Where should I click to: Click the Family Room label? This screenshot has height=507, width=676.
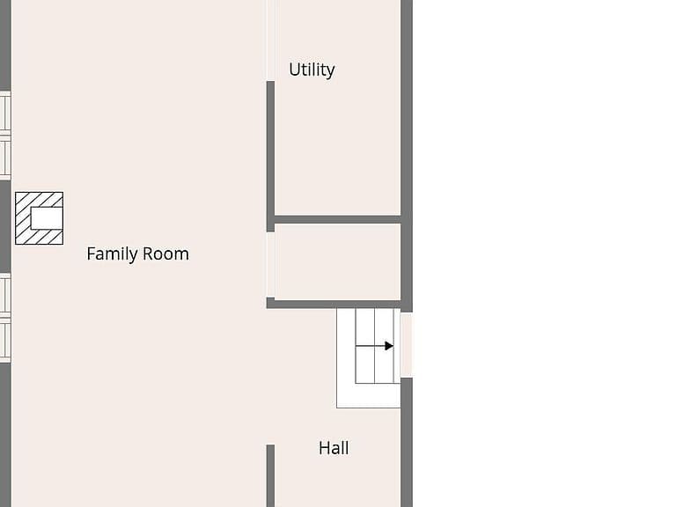coord(137,253)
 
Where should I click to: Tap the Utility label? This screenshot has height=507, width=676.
coord(312,70)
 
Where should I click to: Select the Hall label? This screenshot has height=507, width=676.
coord(334,448)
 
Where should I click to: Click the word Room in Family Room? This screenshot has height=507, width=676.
coord(165,253)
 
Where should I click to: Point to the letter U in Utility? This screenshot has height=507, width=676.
coord(294,70)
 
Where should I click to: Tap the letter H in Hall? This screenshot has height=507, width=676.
coord(324,448)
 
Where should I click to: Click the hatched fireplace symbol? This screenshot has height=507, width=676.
coord(40,218)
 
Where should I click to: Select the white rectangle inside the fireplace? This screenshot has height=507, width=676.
coord(47,218)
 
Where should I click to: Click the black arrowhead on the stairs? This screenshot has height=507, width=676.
coord(389,346)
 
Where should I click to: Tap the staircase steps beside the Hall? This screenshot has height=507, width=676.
coord(375,346)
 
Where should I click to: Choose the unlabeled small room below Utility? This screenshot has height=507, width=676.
coord(338,261)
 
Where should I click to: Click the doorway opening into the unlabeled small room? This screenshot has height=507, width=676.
coord(270,265)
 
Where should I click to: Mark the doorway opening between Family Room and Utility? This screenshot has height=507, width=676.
coord(270,40)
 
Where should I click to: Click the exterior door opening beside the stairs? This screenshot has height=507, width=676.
coord(406,345)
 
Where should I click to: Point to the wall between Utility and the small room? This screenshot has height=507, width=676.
coord(338,219)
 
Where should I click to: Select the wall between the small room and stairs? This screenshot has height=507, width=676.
coord(334,305)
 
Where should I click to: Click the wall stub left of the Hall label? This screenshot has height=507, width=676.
coord(270,475)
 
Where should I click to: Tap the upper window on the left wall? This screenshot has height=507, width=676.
coord(5,135)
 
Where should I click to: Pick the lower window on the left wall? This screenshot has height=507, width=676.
coord(5,318)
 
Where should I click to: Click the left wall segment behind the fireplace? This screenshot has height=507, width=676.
coord(5,226)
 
